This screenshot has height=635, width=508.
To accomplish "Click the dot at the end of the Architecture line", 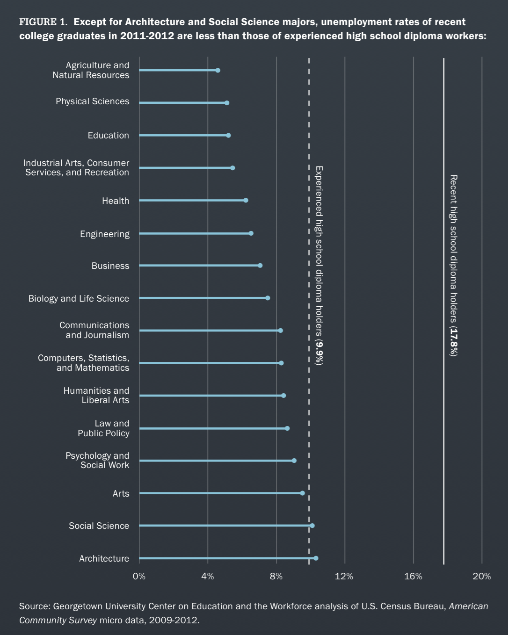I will [x=316, y=558].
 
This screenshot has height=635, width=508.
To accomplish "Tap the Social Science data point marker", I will [x=312, y=526].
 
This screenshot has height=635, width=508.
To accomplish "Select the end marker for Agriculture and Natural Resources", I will [x=218, y=70].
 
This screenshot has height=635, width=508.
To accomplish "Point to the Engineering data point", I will [x=251, y=233].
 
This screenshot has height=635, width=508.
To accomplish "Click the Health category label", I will [x=116, y=201].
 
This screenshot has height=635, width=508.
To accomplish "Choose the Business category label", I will [x=110, y=266].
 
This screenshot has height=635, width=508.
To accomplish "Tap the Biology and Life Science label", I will [x=79, y=298].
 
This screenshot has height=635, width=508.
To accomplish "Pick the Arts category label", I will [x=121, y=493].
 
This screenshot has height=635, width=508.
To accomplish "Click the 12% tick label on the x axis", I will [x=344, y=576].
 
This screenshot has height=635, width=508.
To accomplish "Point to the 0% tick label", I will [x=139, y=576].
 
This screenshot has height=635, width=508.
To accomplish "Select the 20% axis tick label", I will [x=481, y=576].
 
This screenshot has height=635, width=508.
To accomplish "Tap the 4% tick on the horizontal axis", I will [x=208, y=576].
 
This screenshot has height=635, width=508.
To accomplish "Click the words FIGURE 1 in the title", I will [x=44, y=22].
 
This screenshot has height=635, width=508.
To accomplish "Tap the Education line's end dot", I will [x=228, y=135].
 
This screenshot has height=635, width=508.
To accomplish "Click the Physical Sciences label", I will [x=92, y=101].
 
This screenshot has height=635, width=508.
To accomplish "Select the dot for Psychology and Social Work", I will [x=294, y=461].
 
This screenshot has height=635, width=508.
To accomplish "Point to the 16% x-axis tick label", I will [x=413, y=576].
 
